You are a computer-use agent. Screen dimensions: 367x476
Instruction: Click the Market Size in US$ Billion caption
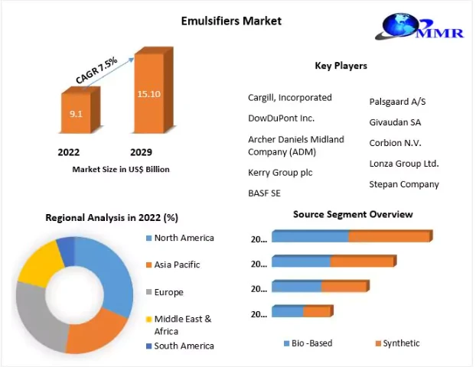[x=121, y=169]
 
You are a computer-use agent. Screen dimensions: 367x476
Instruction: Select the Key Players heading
[x=341, y=66]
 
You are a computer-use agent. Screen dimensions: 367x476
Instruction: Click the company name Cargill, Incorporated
[x=289, y=98]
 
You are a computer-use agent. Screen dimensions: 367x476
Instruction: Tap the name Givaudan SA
[x=394, y=122]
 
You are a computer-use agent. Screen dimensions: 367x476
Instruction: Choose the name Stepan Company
[x=404, y=184]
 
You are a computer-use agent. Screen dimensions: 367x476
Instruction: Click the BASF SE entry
[x=264, y=193]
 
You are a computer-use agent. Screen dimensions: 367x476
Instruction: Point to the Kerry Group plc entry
[x=280, y=173]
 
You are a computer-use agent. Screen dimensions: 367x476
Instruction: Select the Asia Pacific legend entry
[x=177, y=265]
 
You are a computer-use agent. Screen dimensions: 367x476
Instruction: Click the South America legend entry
[x=184, y=346]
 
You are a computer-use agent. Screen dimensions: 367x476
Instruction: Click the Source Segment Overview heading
[x=353, y=214]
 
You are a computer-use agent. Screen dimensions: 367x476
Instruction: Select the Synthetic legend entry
[x=401, y=343]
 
